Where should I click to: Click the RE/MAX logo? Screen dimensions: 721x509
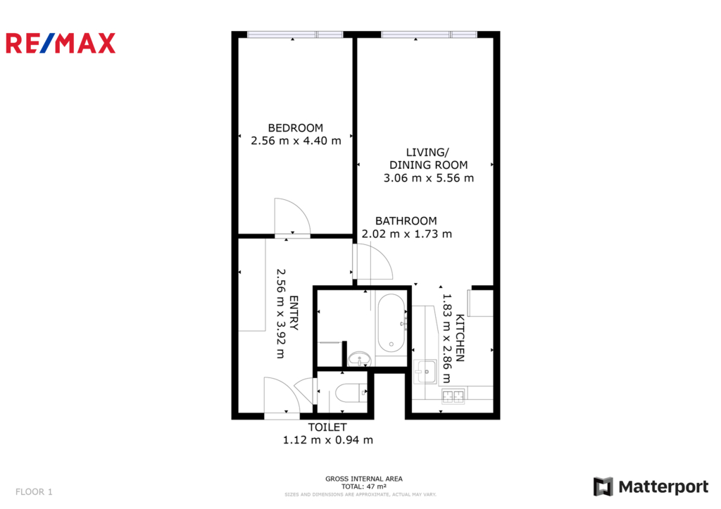click(x=61, y=43)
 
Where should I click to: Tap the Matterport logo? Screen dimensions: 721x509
click(x=651, y=486)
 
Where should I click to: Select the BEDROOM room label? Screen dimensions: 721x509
click(x=295, y=128)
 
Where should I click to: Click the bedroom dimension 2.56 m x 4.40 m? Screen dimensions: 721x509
click(x=296, y=141)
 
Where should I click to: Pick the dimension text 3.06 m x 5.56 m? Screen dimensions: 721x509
click(x=429, y=178)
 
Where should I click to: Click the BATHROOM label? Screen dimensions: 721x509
click(x=406, y=220)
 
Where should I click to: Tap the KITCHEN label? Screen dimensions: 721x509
click(x=459, y=337)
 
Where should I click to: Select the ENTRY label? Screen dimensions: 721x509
click(x=294, y=313)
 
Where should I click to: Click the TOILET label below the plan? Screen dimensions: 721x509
click(x=327, y=427)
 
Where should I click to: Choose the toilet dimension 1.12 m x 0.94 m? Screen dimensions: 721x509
click(x=328, y=440)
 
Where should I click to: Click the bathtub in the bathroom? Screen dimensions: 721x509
click(x=391, y=322)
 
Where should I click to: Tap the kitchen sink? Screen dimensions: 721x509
click(x=425, y=372)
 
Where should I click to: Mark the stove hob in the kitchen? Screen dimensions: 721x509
click(x=453, y=396)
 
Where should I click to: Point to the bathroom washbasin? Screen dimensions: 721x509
click(x=359, y=358)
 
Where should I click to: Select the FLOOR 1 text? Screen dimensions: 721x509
click(x=34, y=492)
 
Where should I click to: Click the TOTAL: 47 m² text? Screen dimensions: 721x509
click(x=364, y=486)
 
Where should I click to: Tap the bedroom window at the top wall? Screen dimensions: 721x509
click(x=295, y=34)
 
